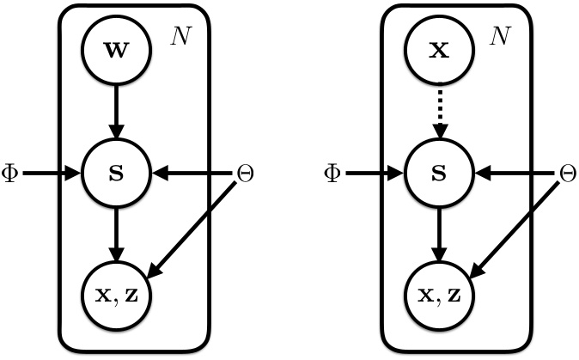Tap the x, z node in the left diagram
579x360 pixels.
pyautogui.click(x=117, y=295)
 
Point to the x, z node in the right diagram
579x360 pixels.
pyautogui.click(x=440, y=295)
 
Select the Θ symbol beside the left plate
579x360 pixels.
pyautogui.click(x=245, y=174)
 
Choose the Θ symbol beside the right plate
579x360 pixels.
pyautogui.click(x=567, y=174)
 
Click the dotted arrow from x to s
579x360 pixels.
pyautogui.click(x=440, y=112)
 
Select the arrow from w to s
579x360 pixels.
pyautogui.click(x=117, y=112)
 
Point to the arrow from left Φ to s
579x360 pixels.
pyautogui.click(x=52, y=174)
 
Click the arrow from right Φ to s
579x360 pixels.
pyautogui.click(x=374, y=174)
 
